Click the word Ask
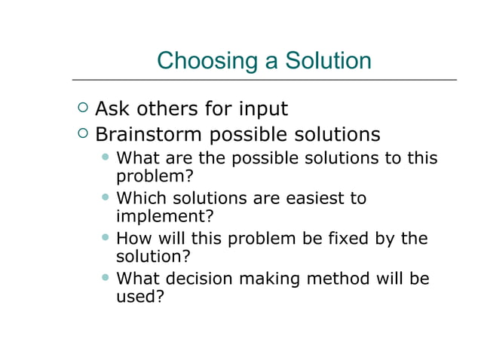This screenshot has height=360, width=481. (x=112, y=109)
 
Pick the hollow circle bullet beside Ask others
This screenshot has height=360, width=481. (x=82, y=108)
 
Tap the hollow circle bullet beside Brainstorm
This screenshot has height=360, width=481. (x=82, y=134)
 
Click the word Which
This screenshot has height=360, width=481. (x=138, y=198)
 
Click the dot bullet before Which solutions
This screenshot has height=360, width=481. (x=106, y=197)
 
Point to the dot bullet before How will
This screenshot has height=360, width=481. (x=106, y=238)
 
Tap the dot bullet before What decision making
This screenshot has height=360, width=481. (x=106, y=278)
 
